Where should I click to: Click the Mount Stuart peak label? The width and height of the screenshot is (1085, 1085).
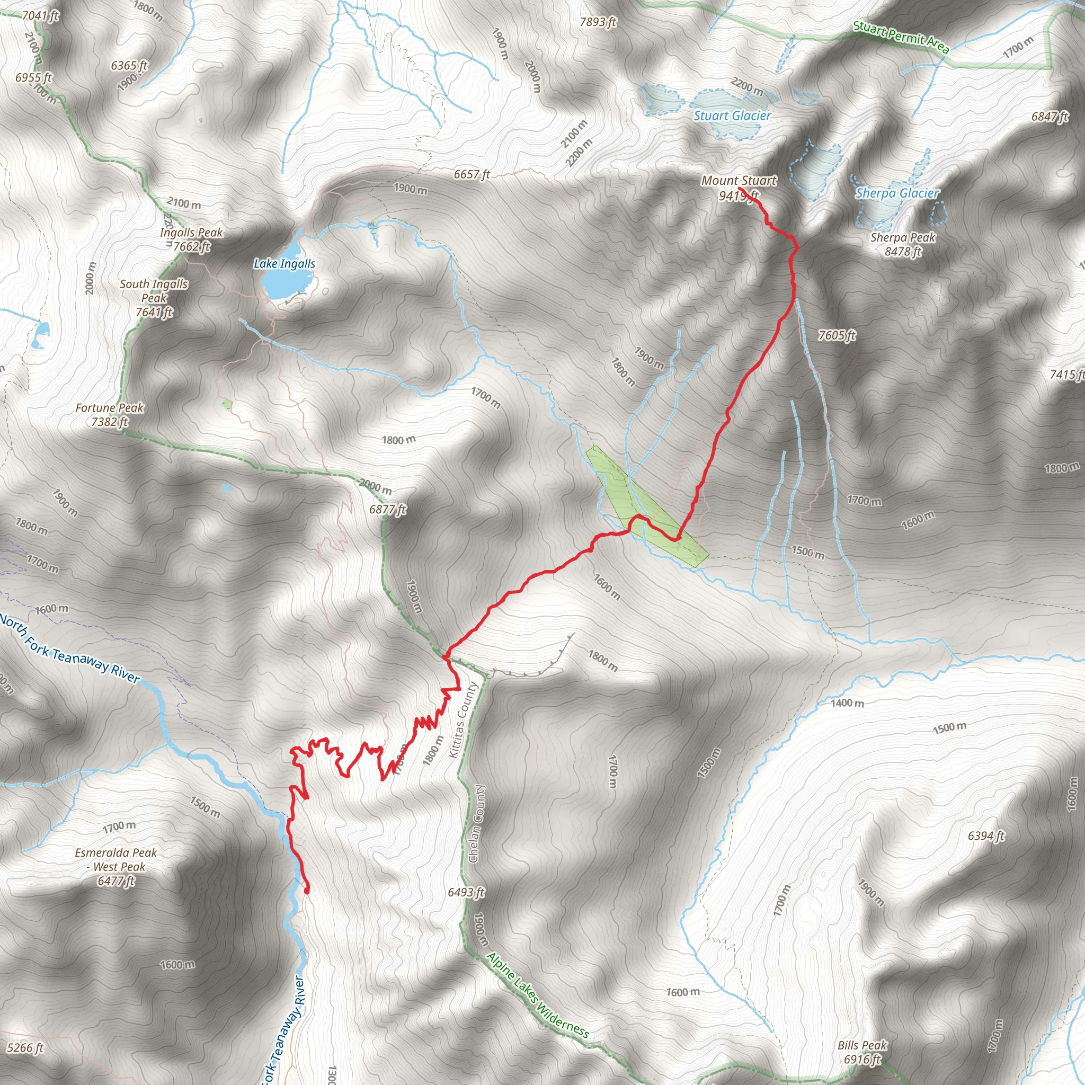pos(739,188)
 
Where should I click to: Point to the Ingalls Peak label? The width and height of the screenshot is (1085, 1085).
pos(191,239)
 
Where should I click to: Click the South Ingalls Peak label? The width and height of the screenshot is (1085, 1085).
pos(154,298)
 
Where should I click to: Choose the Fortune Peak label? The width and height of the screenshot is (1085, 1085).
pos(110,414)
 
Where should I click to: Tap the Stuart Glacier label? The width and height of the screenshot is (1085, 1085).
pos(732,116)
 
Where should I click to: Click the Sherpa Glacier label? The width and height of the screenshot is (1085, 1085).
pos(897,194)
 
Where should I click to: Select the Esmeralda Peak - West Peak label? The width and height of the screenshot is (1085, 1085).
pos(116,867)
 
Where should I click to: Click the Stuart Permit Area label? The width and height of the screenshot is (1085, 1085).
pos(901,37)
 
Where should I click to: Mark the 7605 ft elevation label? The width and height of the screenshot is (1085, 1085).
pos(837,336)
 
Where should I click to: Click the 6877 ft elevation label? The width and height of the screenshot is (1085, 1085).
pos(387,509)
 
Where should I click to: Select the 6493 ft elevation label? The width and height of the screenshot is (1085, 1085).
pos(466,892)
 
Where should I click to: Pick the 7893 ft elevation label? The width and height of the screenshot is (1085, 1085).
pos(598,22)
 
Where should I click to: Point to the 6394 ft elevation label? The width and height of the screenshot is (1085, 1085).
pos(986,836)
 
